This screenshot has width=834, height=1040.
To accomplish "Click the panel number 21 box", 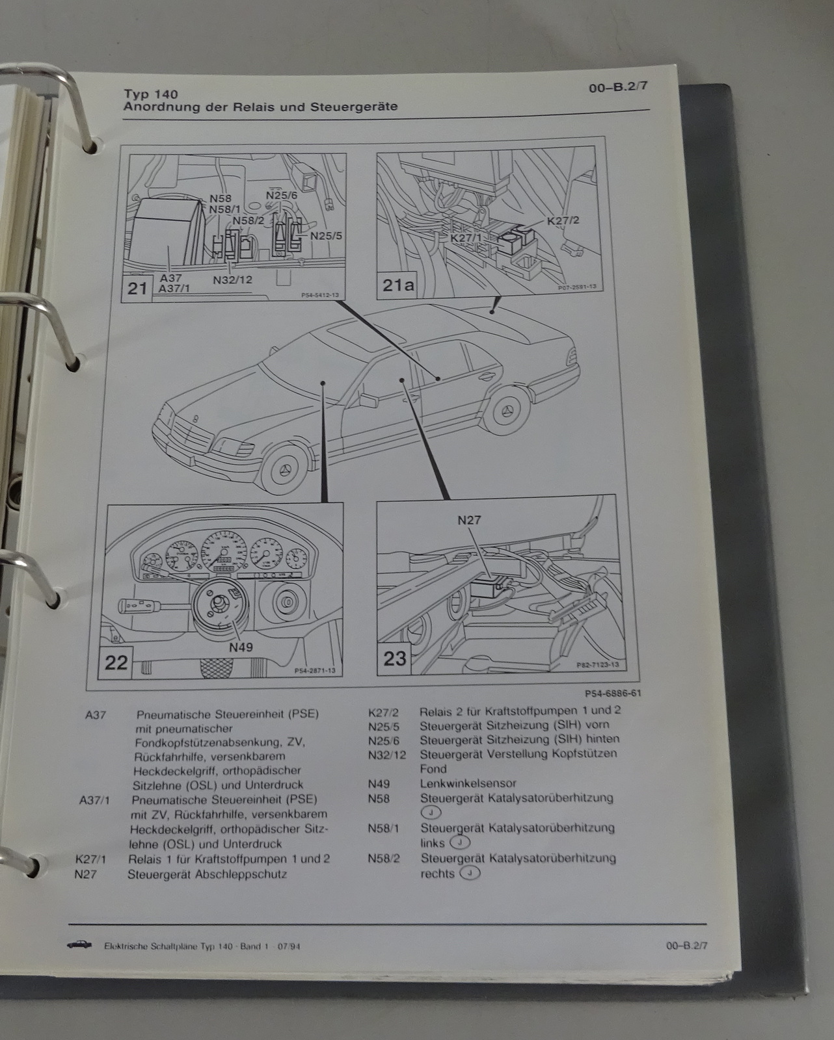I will (137, 287).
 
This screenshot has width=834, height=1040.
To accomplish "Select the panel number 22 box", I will (116, 662).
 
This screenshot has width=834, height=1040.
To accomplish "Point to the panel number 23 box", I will (394, 658).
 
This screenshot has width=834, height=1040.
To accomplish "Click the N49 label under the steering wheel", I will (240, 647).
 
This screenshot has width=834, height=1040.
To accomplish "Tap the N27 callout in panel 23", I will (469, 520).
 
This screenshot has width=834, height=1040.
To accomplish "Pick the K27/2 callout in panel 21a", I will (563, 221).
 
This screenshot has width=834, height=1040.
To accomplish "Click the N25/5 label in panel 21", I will (326, 236).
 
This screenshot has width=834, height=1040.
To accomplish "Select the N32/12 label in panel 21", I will (232, 280).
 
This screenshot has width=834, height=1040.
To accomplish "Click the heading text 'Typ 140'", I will (150, 94).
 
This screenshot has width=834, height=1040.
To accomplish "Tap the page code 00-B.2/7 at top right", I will (618, 90).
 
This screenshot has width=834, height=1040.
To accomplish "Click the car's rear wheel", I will (509, 411).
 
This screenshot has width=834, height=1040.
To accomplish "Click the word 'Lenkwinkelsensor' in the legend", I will (468, 783).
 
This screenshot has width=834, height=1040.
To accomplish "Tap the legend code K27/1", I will (91, 859).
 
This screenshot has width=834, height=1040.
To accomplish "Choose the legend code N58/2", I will (383, 858).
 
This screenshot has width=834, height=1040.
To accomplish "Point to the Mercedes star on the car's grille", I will (193, 421).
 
